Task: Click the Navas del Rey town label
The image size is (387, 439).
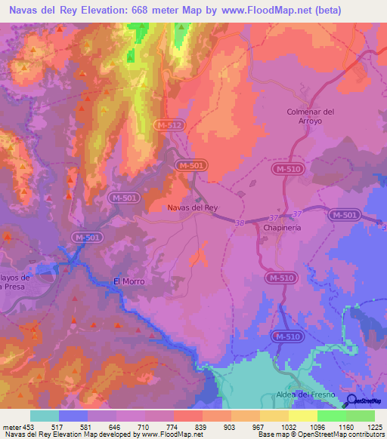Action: [192, 207]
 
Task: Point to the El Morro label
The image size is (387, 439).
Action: [128, 281]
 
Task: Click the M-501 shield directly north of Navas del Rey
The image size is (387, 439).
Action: [190, 164]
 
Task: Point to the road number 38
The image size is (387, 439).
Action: [240, 223]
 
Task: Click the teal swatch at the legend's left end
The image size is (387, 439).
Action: [44, 416]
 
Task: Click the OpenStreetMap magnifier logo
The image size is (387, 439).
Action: [351, 401]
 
